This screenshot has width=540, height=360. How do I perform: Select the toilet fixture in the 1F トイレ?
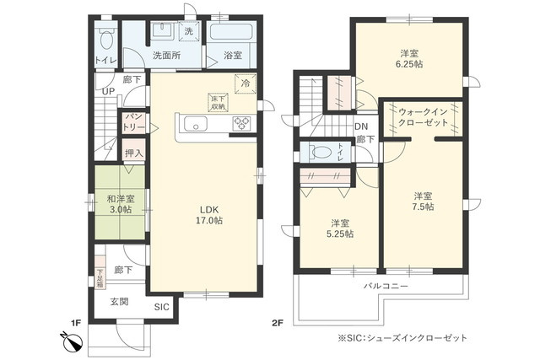coord(105,40)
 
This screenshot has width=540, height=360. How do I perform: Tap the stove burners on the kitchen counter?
coord(240,125)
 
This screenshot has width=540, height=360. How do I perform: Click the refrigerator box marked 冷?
coord(246,83)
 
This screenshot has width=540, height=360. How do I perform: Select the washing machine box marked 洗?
coord(187,30)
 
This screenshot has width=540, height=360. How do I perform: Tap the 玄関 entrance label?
coord(118,301)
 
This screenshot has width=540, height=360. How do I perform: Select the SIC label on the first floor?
coord(162,308)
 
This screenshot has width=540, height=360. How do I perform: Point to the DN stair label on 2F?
coord(360,126)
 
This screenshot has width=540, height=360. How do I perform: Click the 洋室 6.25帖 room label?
coord(411,58)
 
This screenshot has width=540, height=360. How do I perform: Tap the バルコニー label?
coord(386,287)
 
